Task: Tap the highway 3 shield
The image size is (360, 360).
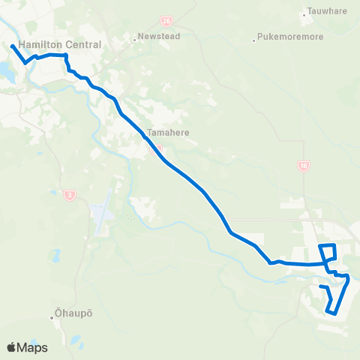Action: click(70, 195)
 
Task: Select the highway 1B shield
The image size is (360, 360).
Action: click(304, 166)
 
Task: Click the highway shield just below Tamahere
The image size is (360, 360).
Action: click(157, 148)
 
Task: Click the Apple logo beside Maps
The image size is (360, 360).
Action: click(12, 347)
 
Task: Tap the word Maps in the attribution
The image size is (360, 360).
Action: click(32, 347)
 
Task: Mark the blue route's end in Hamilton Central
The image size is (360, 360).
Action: click(13, 46)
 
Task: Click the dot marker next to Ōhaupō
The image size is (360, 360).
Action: click(52, 317)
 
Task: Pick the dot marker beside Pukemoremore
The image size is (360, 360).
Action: click(254, 35)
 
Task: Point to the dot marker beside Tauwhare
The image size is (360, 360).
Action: click(303, 13)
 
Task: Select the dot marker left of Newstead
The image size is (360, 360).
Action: click(133, 35)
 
